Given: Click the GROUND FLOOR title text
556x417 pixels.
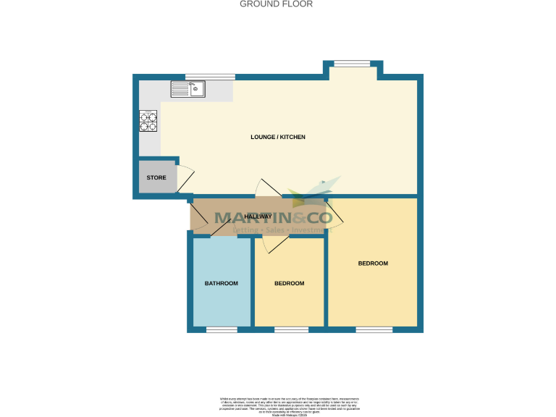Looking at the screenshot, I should point(276,4).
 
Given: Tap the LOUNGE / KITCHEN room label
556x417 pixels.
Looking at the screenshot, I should point(278,137).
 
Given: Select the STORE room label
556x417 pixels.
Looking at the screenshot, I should point(156,177).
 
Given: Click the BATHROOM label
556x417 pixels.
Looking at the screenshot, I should point(221,283).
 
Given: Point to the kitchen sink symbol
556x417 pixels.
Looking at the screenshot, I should point(188,89).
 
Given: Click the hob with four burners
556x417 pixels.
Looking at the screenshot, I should point(148,121).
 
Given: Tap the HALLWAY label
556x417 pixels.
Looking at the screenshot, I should point(258,216).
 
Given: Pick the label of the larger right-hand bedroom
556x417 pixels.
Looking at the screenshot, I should point(373,264).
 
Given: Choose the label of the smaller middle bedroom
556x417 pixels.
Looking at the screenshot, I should point(289,283).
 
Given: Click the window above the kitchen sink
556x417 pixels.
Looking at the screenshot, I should point(210,77).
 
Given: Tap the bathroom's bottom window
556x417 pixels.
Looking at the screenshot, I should point(222,330).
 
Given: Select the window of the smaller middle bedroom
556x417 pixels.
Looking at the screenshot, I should point(291,330).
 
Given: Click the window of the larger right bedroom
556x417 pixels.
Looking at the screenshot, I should point(374,330).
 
